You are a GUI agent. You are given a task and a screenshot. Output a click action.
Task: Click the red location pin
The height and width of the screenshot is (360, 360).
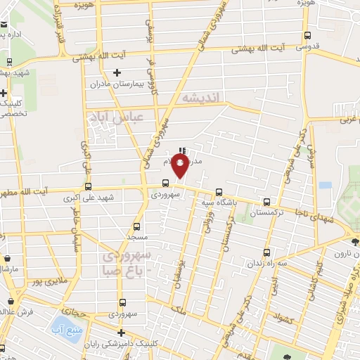[181, 166]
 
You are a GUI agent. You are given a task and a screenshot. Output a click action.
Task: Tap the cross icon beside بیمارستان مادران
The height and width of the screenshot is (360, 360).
[117, 72]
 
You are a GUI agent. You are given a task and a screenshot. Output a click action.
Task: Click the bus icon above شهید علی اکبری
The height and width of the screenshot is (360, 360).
[89, 187]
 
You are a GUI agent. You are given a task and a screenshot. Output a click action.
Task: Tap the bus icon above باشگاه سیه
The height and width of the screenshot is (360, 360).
[219, 192]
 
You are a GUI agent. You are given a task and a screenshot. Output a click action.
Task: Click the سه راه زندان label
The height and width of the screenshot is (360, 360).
[266, 263]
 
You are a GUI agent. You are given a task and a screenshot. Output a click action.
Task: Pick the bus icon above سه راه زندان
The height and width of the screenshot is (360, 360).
[266, 252]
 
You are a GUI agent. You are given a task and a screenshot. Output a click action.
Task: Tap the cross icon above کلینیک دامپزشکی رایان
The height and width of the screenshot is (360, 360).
[121, 333]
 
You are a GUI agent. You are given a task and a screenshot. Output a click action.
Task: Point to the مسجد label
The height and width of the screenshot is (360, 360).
[136, 238]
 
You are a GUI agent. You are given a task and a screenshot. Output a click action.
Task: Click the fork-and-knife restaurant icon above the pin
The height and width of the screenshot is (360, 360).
[182, 150]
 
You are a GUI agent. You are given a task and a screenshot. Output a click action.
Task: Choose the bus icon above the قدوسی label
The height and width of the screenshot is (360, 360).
[307, 36]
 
